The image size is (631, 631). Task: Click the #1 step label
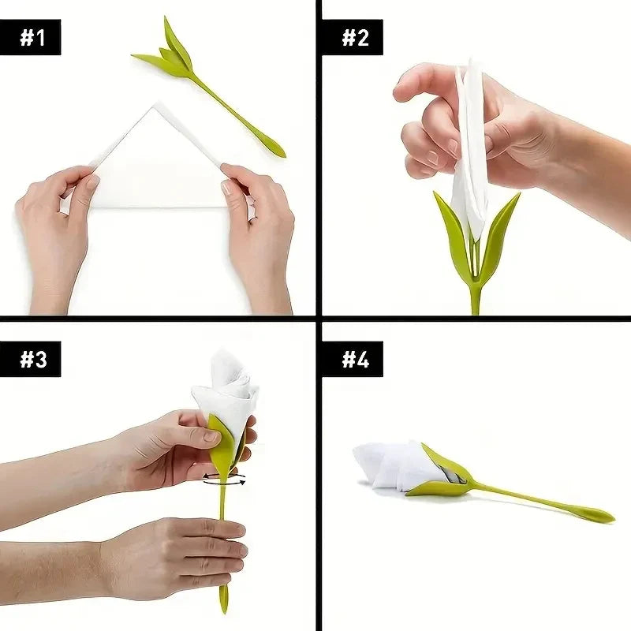[x=32, y=37]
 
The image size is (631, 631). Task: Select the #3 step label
[x=32, y=359]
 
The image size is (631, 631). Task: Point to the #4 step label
[x=352, y=359]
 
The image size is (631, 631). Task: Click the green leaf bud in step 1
[x=170, y=55]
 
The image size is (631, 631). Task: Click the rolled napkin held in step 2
[x=471, y=158]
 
